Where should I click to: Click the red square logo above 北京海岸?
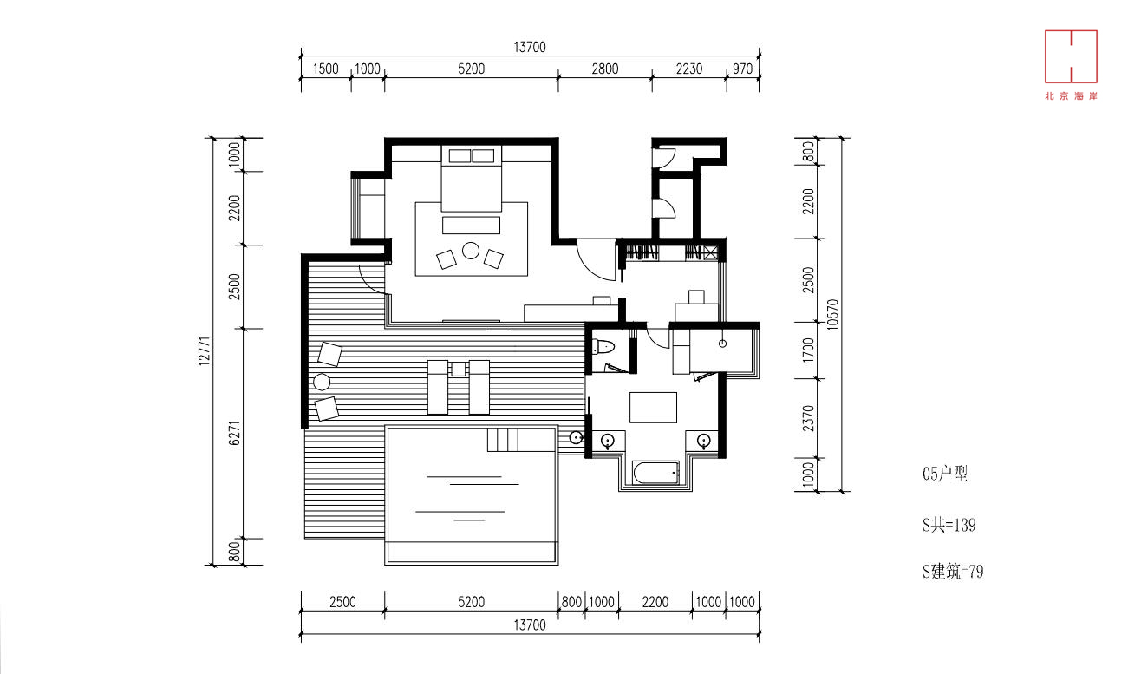click(x=1071, y=56)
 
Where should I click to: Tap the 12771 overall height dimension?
click(x=204, y=350)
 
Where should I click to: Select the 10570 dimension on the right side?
click(x=833, y=314)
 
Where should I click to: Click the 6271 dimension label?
click(x=234, y=433)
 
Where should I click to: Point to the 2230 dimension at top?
click(x=689, y=69)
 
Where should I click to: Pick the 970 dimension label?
click(x=743, y=69)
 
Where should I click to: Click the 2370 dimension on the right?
click(x=808, y=418)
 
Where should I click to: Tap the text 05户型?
click(x=945, y=474)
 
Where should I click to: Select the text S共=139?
click(x=949, y=525)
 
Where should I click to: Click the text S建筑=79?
click(x=953, y=572)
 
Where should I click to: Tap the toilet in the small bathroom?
click(x=603, y=347)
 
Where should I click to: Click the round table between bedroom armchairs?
click(x=470, y=251)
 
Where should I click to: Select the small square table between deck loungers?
click(x=459, y=370)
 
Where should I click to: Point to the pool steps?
click(x=503, y=440)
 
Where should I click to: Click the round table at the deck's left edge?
click(x=322, y=383)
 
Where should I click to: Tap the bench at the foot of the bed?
click(x=472, y=226)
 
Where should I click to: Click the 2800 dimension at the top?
click(x=605, y=69)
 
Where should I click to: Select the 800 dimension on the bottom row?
click(x=571, y=602)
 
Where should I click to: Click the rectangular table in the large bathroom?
click(x=653, y=408)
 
